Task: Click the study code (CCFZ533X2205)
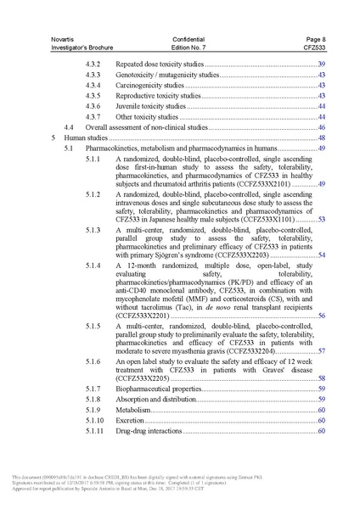(143, 378)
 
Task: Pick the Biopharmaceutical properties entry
(158, 389)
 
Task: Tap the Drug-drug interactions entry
(149, 431)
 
